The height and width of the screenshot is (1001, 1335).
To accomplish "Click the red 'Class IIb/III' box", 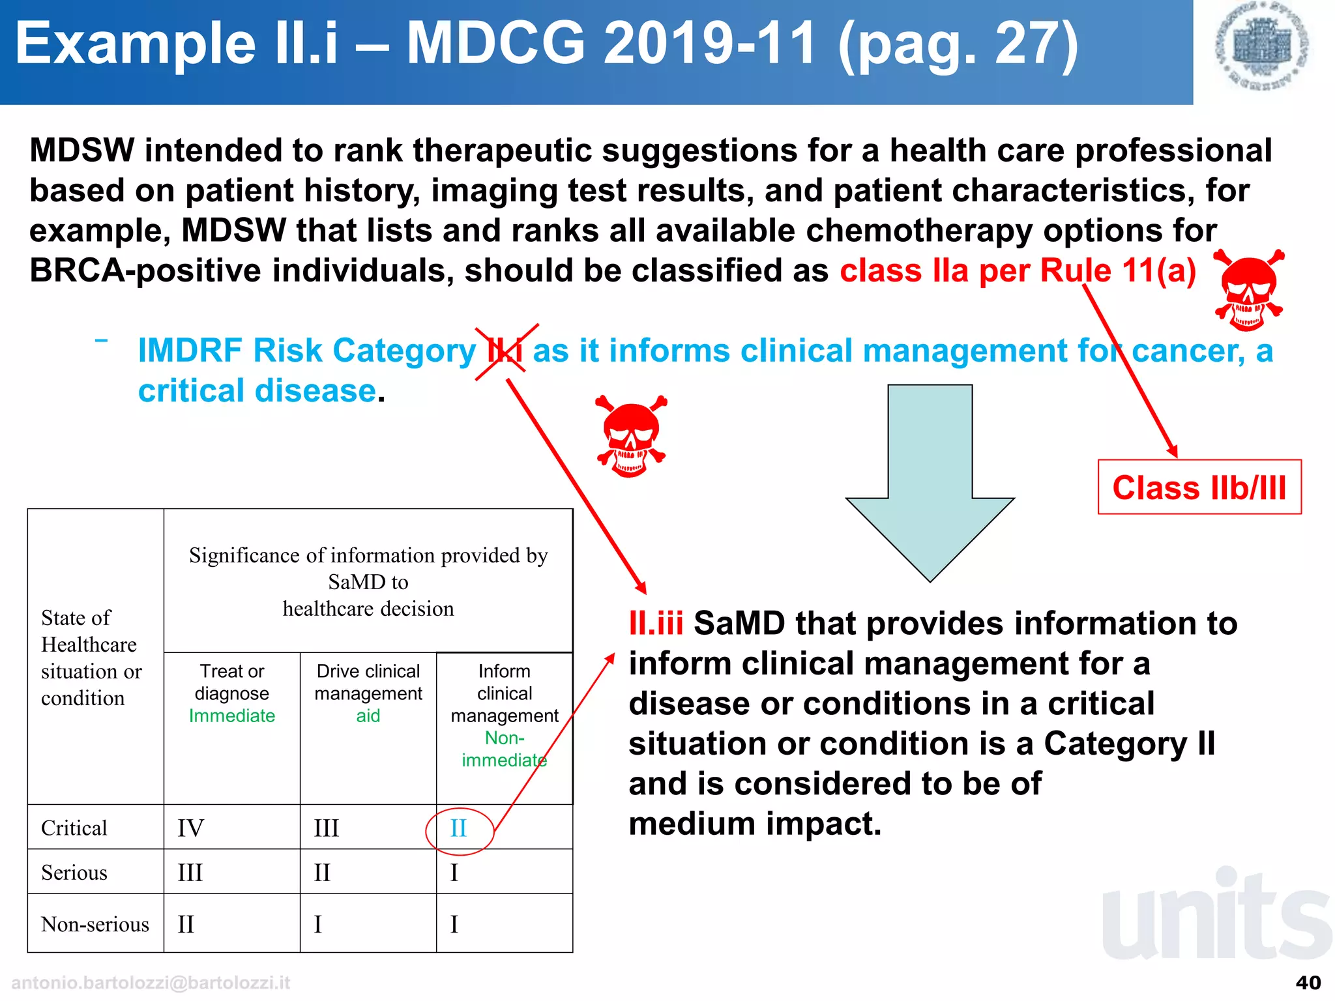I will (1199, 487).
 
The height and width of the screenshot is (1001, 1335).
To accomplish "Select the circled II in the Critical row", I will (459, 829).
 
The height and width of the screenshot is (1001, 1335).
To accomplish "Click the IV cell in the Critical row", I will (190, 829).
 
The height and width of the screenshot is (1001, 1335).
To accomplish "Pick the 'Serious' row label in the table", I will (74, 873).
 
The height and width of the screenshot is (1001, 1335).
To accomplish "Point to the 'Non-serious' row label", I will (95, 924).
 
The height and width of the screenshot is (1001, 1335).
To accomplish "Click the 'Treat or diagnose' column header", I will (232, 682).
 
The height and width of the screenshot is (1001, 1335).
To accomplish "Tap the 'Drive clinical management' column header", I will (368, 682).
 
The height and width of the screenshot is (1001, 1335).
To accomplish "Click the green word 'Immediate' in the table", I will (232, 716).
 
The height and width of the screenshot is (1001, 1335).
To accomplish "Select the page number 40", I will (1308, 983).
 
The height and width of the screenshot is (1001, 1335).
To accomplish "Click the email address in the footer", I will (151, 983).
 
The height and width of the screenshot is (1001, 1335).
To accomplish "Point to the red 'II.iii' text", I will (656, 624).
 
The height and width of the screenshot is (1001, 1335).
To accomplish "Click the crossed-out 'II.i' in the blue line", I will (506, 351).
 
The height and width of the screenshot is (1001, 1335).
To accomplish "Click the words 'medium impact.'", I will (755, 824).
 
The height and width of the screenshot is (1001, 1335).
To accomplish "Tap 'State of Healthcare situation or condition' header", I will (91, 658).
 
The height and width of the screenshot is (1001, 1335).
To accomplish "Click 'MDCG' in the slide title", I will (495, 44).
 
